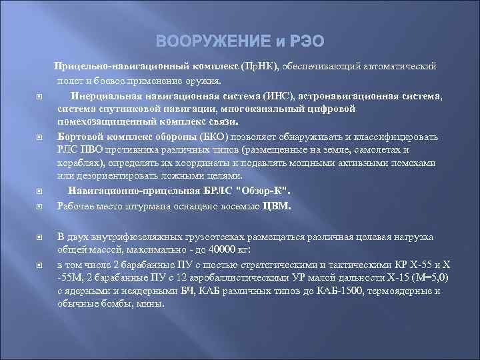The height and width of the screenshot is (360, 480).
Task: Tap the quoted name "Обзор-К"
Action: [263, 191]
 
